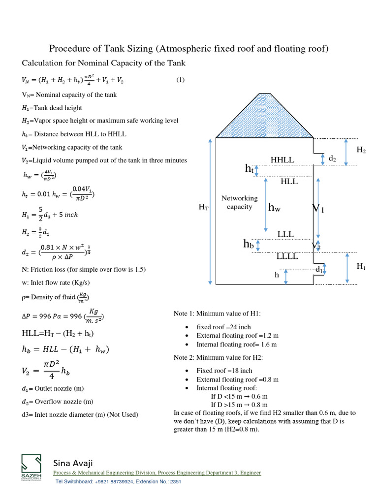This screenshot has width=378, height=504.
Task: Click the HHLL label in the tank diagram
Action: (x=282, y=160)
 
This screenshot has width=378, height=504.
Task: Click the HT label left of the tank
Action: (x=204, y=208)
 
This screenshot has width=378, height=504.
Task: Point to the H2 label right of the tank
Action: (x=361, y=150)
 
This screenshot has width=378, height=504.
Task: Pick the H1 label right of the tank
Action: (x=361, y=266)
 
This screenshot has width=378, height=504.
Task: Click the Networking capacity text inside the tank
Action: (x=240, y=202)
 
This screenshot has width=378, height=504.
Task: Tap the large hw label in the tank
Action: (x=274, y=208)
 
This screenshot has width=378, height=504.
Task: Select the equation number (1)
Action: (x=180, y=80)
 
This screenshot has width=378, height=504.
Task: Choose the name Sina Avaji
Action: (x=73, y=463)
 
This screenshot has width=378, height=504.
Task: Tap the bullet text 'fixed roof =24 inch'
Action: (x=223, y=327)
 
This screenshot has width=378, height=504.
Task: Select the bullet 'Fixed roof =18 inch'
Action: (x=224, y=371)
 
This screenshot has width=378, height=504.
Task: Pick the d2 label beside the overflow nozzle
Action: (x=332, y=158)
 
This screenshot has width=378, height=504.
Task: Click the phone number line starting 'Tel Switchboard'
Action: (x=118, y=481)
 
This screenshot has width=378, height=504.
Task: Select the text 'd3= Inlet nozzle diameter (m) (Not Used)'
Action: (x=80, y=414)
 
